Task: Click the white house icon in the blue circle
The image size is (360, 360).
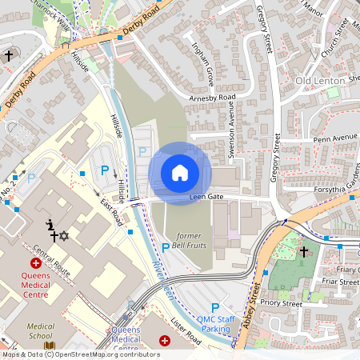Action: click(x=180, y=173)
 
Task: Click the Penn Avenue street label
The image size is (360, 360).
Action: click(x=334, y=138)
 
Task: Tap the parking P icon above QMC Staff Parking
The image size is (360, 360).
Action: click(x=214, y=308)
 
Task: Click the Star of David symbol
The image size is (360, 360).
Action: click(x=64, y=237)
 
